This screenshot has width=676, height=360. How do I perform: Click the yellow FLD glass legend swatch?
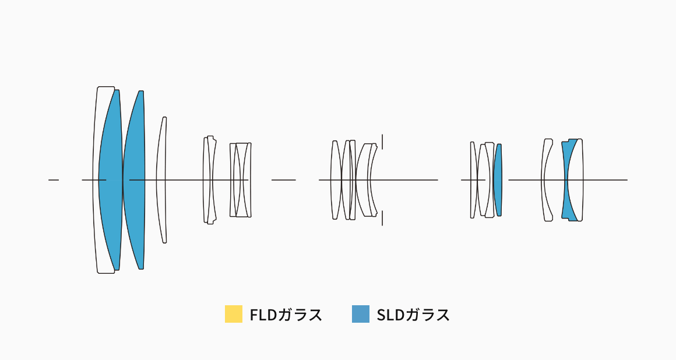[233, 314]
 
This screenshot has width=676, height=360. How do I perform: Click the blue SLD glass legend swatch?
[360, 314]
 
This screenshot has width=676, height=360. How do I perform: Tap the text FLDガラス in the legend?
[286, 315]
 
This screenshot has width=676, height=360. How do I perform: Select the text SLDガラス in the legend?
[413, 315]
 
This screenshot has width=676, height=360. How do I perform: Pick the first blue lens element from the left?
[111, 180]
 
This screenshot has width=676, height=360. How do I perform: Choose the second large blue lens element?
[134, 180]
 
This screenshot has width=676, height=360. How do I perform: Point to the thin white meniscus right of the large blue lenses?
[160, 180]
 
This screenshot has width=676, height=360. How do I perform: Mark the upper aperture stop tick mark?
[382, 142]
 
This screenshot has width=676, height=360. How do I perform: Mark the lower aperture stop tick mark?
[382, 218]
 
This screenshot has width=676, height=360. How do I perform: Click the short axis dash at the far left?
[54, 180]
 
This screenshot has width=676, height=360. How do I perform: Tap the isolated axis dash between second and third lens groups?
[284, 180]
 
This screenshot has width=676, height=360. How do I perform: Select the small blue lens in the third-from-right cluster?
[498, 180]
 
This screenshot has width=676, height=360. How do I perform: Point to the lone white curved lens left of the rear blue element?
[546, 180]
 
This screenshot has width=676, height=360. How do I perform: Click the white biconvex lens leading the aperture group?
[336, 180]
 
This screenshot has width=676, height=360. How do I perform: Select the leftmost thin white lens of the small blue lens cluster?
[473, 180]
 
